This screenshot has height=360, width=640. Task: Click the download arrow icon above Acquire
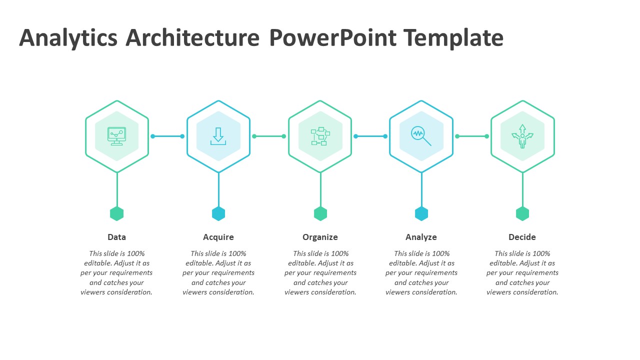pyautogui.click(x=218, y=136)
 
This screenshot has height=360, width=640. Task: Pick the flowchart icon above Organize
pyautogui.click(x=320, y=136)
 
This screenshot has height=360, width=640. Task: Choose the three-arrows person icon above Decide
pyautogui.click(x=522, y=136)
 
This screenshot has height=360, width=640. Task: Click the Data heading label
pyautogui.click(x=116, y=237)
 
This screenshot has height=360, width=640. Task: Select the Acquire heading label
pyautogui.click(x=218, y=237)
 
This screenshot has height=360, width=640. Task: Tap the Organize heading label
pyautogui.click(x=320, y=237)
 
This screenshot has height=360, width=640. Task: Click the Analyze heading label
pyautogui.click(x=421, y=237)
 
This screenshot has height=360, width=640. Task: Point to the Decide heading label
pyautogui.click(x=522, y=237)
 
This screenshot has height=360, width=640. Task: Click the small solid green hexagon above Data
pyautogui.click(x=116, y=213)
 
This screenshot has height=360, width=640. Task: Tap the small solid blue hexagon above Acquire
pyautogui.click(x=218, y=213)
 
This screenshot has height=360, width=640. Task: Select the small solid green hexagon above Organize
pyautogui.click(x=320, y=213)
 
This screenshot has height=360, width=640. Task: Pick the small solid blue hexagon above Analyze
pyautogui.click(x=421, y=213)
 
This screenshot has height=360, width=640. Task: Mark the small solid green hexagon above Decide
pyautogui.click(x=522, y=213)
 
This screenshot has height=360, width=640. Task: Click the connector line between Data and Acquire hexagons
pyautogui.click(x=167, y=136)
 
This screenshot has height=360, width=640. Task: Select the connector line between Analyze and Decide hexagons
pyautogui.click(x=472, y=136)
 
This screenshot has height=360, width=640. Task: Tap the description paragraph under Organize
pyautogui.click(x=320, y=273)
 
